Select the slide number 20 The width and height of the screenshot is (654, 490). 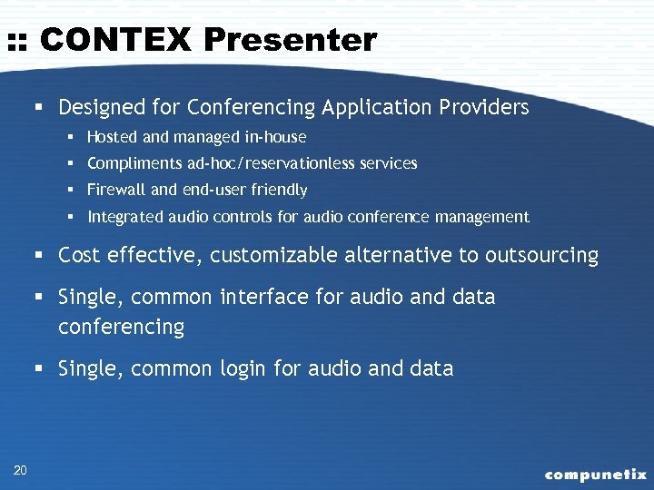tap(20, 469)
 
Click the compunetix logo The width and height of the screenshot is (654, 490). tap(595, 474)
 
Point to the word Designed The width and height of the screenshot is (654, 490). tap(94, 107)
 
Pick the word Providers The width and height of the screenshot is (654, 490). tap(486, 107)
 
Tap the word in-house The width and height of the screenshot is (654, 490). tap(274, 137)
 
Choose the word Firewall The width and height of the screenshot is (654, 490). tap(115, 190)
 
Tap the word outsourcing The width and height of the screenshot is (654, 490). tap(541, 256)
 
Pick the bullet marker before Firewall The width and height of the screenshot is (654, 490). tap(69, 191)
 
